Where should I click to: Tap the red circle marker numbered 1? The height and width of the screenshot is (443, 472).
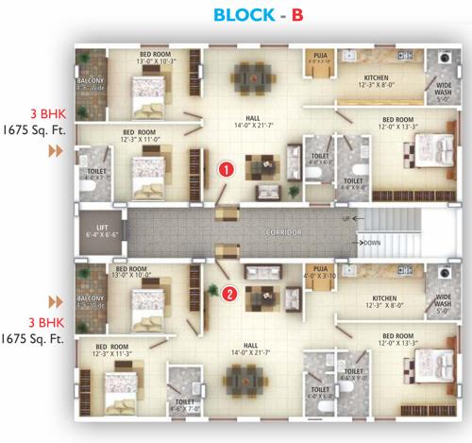coord(226,171)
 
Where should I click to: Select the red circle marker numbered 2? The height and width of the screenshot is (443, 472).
coord(229,292)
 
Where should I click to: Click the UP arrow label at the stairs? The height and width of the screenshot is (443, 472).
coord(350,219)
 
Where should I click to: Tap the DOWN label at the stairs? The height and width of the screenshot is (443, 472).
coord(372,243)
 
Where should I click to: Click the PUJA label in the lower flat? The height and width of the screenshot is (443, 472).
coord(317,272)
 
